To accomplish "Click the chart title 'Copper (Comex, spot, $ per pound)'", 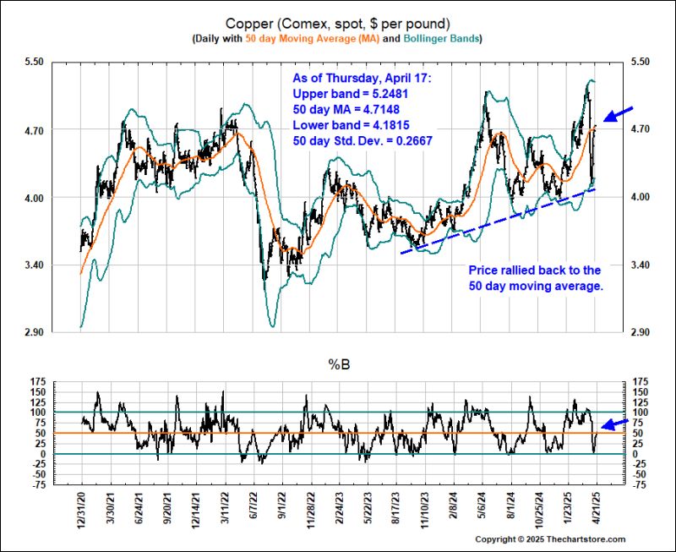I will pos(337,23).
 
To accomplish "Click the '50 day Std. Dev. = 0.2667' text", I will pos(362,142).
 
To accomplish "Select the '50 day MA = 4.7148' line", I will pos(346,108).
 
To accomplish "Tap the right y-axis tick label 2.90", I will pos(635,333).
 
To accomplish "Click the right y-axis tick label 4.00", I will pos(635,198).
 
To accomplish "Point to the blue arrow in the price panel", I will pos(617,113).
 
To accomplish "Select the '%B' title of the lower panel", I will pos(337,365).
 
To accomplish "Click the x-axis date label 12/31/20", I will pos(81,512).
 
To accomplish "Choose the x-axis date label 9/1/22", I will pos(287,510).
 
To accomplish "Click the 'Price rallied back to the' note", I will pos(534,271).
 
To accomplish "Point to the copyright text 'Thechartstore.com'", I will pos(583,539).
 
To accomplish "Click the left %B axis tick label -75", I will pos(38,485).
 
